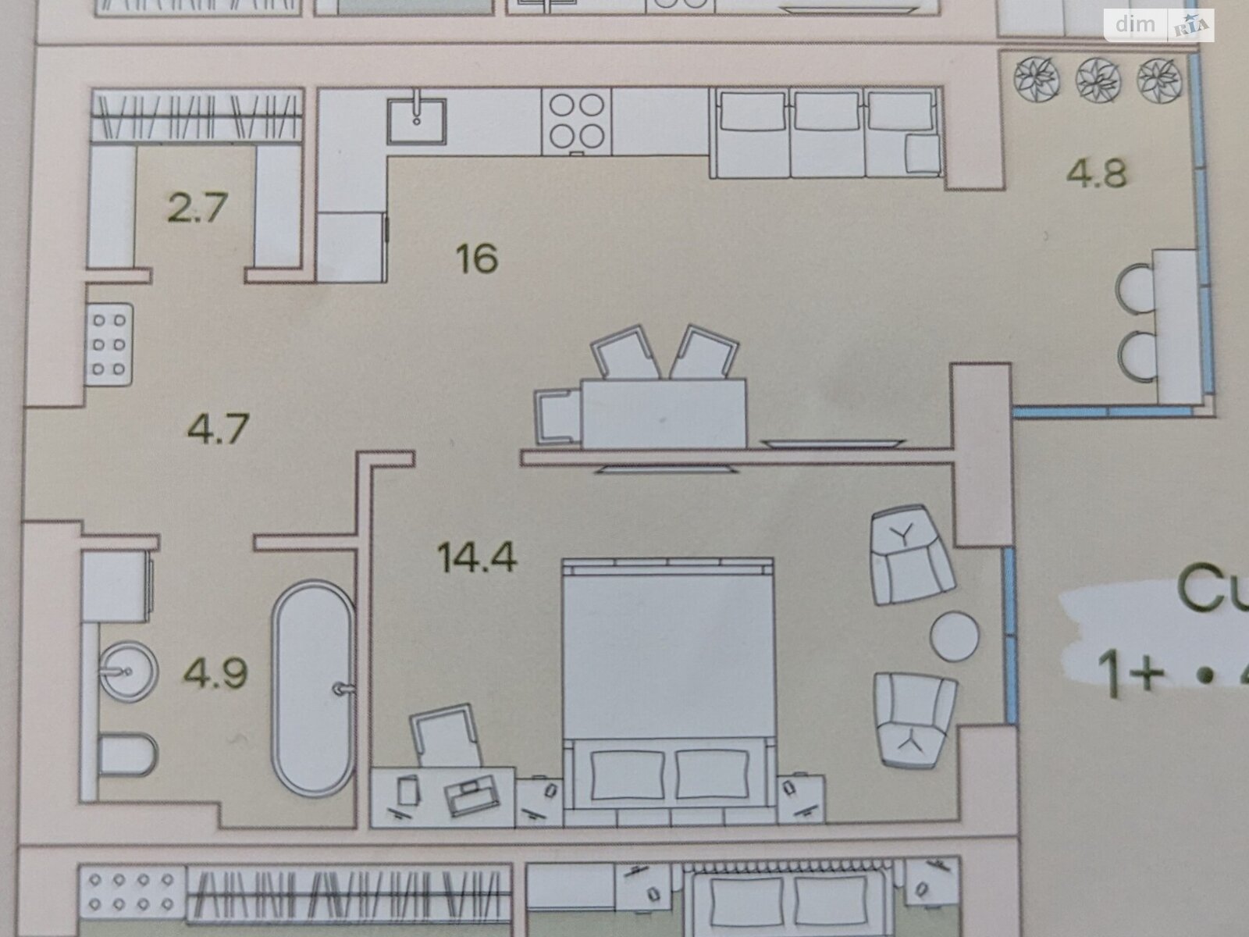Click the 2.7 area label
[197, 208]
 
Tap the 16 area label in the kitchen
[478, 258]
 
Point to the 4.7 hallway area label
[219, 428]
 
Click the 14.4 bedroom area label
[477, 558]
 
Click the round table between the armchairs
[954, 636]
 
